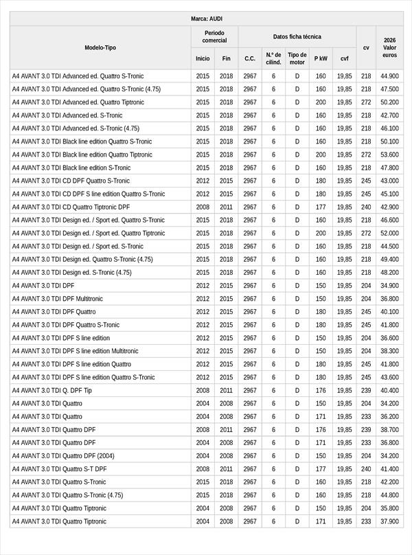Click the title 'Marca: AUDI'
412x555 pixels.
[206, 19]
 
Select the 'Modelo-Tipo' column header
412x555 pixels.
[100, 47]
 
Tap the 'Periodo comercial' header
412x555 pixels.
[214, 36]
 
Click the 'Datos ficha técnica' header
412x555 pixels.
[297, 36]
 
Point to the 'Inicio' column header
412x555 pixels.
[203, 58]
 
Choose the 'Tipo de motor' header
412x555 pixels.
[297, 58]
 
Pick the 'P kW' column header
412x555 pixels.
[321, 58]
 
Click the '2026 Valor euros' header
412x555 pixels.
[389, 47]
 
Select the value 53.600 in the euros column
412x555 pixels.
[389, 155]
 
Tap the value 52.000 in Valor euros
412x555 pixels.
[389, 233]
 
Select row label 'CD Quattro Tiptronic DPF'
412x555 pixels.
[71, 207]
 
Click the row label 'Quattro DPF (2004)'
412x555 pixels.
[63, 456]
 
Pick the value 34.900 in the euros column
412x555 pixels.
[389, 286]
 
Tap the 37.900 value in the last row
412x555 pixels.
[389, 521]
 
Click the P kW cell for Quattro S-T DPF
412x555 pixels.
[321, 469]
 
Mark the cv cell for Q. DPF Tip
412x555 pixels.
[366, 390]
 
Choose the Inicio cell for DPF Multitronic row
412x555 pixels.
[203, 299]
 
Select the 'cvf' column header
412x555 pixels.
[344, 58]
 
